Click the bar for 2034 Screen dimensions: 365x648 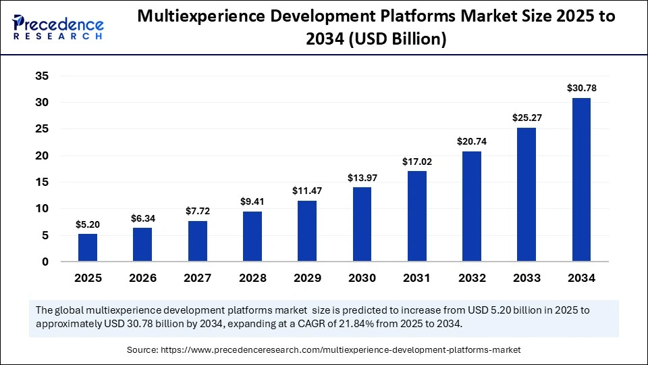click(581, 180)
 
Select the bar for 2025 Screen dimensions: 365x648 click(88, 247)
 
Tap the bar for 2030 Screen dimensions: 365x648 click(362, 224)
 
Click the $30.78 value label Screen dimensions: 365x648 click(581, 88)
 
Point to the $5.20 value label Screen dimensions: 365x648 click(88, 224)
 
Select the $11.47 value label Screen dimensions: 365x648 click(307, 191)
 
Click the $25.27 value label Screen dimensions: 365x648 click(526, 118)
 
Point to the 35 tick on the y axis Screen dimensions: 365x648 click(42, 76)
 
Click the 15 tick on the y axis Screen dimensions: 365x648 click(42, 182)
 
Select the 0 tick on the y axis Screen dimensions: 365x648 click(45, 262)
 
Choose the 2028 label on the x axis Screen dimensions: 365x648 click(252, 278)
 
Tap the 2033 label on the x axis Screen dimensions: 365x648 click(526, 278)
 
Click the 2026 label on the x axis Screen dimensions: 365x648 click(142, 278)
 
